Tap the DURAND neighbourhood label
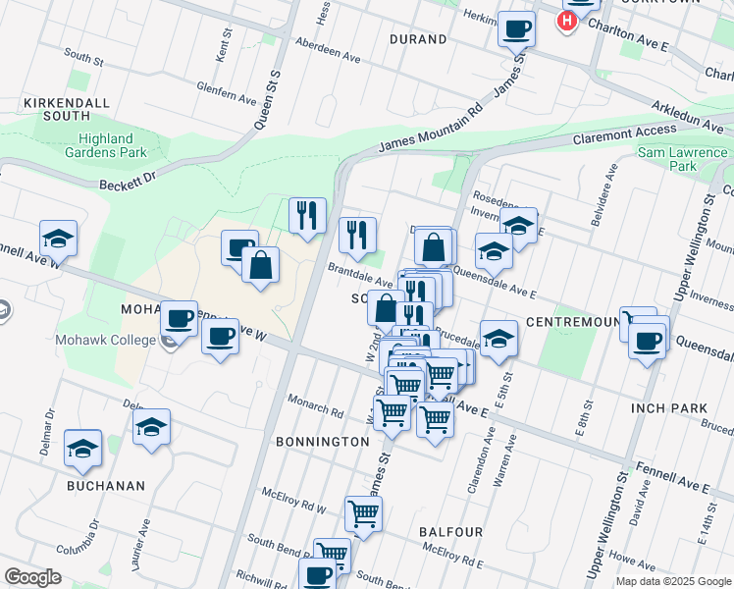point(417,39)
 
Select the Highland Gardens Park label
point(113,145)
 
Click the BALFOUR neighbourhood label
point(450,531)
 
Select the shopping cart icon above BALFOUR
point(363,512)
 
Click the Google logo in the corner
point(32,576)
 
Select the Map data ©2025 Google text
point(672,581)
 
